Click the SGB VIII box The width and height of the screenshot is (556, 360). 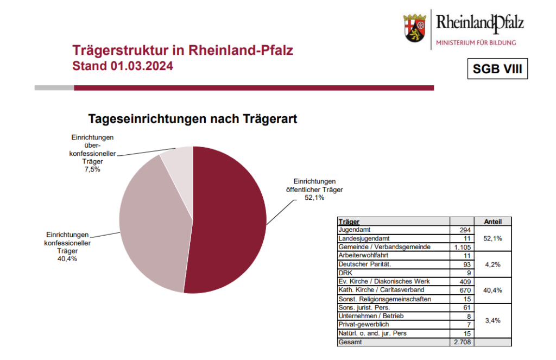[x=497, y=70]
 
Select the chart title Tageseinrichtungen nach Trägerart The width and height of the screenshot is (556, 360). [x=193, y=119]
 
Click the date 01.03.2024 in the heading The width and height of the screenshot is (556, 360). [x=143, y=67]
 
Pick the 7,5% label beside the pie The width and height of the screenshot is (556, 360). [x=92, y=169]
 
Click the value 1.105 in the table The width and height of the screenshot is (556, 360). [x=462, y=247]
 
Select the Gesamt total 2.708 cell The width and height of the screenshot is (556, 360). [x=462, y=342]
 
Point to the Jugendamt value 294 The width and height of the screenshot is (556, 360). [x=465, y=230]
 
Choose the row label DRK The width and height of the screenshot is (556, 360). [x=344, y=273]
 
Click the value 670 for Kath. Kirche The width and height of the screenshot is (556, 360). [x=465, y=290]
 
